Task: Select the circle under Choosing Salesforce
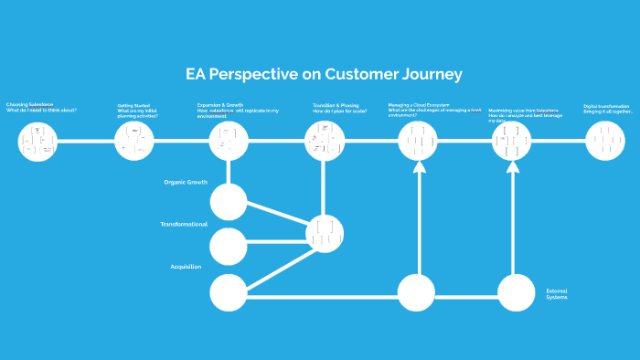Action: coord(37,142)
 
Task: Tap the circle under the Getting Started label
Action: coord(134,142)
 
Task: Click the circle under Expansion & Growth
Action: coord(229,142)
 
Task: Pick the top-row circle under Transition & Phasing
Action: coord(325,142)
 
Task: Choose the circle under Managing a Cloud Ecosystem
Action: coord(419,142)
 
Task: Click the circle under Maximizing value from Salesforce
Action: coord(512,142)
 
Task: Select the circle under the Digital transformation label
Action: coord(604,142)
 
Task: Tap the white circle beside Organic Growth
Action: coord(229,202)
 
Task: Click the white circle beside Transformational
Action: coord(229,246)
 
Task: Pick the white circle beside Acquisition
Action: coord(229,292)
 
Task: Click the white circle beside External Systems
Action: coord(516,292)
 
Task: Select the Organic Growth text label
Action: coord(186,182)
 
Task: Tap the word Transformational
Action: coord(184,224)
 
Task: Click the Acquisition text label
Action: coord(186,267)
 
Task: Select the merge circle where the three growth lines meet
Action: coord(325,234)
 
